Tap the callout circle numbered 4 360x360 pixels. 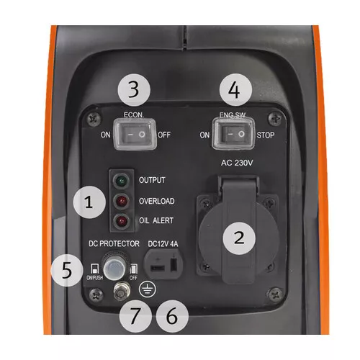coord(240,90)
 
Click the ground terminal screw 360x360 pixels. coord(121,291)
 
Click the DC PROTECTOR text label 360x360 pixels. coord(114,244)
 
